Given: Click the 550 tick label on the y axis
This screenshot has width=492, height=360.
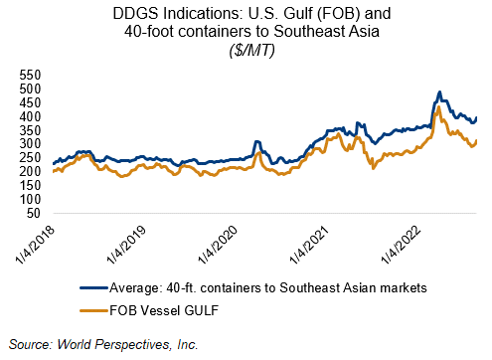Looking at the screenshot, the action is pyautogui.click(x=30, y=76).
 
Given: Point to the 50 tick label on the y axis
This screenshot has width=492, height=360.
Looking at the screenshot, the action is pyautogui.click(x=34, y=213).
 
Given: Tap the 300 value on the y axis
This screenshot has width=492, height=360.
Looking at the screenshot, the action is pyautogui.click(x=30, y=144).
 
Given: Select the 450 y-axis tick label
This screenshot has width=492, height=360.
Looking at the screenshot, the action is pyautogui.click(x=30, y=102).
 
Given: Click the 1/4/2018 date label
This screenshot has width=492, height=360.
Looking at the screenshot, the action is pyautogui.click(x=35, y=245).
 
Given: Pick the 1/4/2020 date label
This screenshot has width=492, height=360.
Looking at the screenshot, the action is pyautogui.click(x=219, y=245).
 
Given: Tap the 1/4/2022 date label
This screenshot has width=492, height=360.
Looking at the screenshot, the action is pyautogui.click(x=402, y=245).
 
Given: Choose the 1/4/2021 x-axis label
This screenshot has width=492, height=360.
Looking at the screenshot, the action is pyautogui.click(x=310, y=245).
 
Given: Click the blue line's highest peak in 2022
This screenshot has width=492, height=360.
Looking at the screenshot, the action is pyautogui.click(x=439, y=91).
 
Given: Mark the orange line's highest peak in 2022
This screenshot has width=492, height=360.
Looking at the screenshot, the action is pyautogui.click(x=439, y=107).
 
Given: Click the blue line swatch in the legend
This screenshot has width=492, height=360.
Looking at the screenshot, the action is pyautogui.click(x=94, y=287).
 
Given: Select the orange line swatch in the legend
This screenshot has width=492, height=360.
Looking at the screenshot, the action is pyautogui.click(x=94, y=310).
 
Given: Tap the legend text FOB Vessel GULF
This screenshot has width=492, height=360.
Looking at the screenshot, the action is pyautogui.click(x=164, y=310).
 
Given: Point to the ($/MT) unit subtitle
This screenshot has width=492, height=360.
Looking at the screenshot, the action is pyautogui.click(x=251, y=51).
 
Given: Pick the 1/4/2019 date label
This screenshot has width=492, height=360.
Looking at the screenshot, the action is pyautogui.click(x=126, y=245).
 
